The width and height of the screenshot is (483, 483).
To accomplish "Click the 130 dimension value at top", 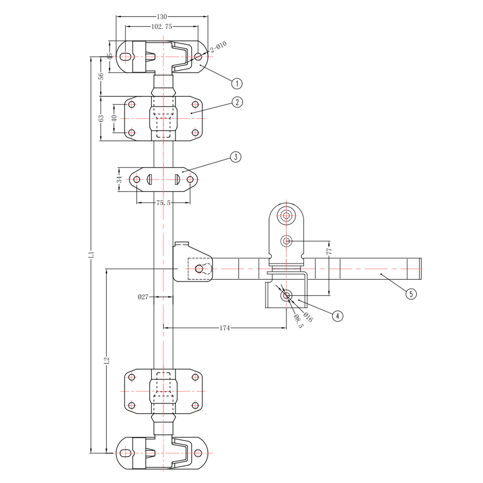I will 162,17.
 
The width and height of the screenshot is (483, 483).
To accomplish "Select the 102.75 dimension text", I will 162,27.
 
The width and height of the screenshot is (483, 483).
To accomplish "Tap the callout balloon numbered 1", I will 237,84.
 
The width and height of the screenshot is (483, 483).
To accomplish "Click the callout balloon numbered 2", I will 237,102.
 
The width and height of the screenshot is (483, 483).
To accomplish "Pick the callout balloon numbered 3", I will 236,157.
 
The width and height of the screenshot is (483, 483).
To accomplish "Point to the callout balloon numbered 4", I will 337,316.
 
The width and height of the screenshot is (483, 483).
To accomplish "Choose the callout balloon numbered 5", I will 411,294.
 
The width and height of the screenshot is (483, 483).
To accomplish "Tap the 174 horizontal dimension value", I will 224,328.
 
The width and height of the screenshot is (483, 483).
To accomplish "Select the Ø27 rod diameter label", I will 143,297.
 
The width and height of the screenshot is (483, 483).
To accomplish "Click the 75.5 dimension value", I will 163,203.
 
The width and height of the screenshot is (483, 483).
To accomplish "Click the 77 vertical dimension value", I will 329,251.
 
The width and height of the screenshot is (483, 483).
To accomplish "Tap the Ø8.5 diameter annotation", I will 298,321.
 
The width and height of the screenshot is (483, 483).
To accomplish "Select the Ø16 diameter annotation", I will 308,317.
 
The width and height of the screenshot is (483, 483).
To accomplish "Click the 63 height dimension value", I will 101,118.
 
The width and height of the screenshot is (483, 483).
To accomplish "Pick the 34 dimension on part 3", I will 119,180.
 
